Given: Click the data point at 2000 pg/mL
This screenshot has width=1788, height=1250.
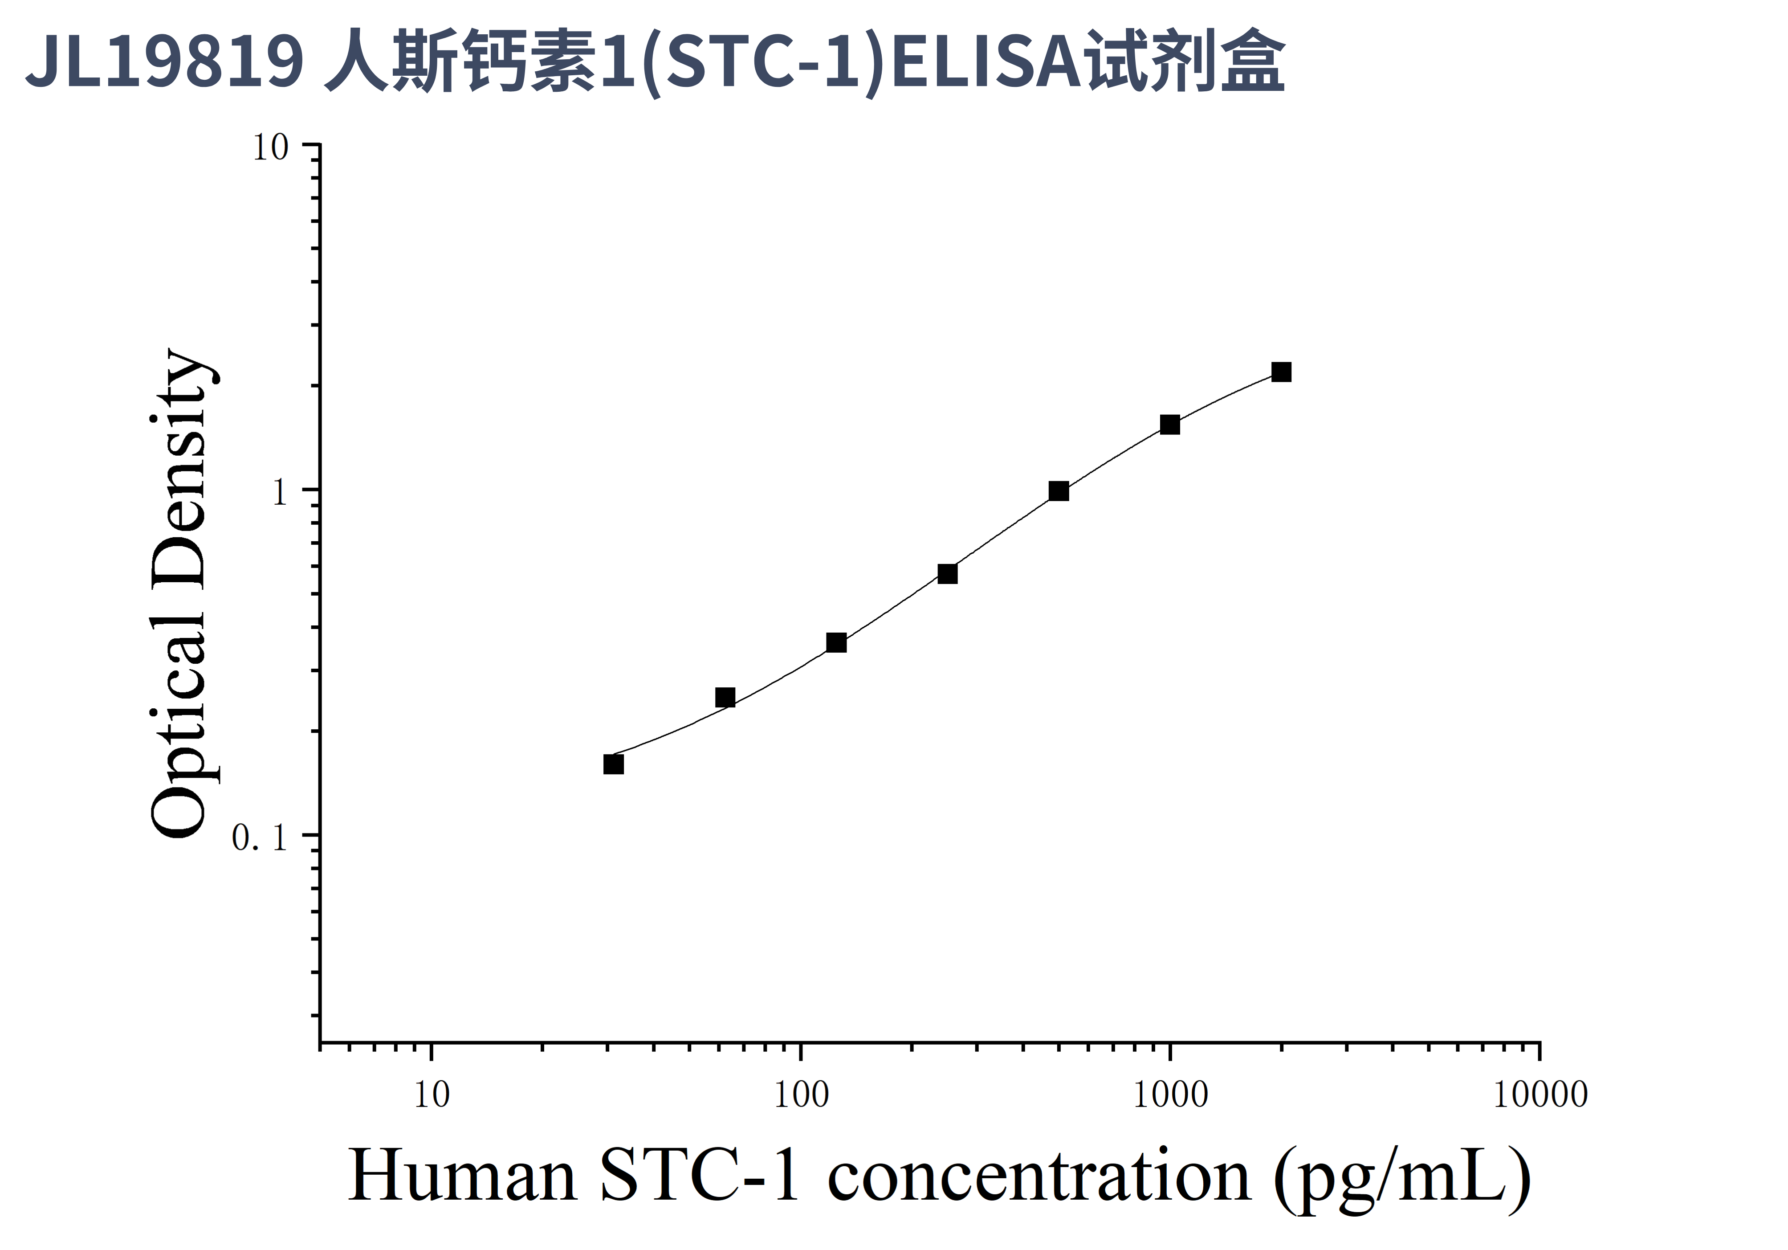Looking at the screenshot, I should [1281, 372].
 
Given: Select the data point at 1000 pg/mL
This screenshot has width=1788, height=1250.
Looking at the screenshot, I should [1170, 425].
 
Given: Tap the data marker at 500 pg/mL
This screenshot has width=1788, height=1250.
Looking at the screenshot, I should [1058, 491].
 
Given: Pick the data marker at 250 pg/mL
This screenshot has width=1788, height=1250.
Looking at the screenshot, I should [947, 574].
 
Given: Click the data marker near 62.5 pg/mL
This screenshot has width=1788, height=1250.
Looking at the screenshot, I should [725, 697].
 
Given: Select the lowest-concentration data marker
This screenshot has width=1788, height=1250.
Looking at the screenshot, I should [614, 765].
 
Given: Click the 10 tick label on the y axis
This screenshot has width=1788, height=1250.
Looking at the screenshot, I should [270, 148].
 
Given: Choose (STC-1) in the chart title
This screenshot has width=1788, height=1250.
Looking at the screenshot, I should [766, 62].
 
